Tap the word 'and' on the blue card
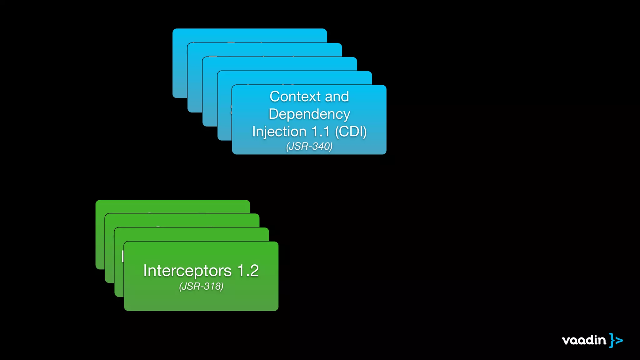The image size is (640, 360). tap(337, 97)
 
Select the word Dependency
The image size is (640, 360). tap(309, 114)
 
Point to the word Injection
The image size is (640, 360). tap(279, 132)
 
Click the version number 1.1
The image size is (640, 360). tap(321, 132)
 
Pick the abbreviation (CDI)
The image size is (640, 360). tap(351, 132)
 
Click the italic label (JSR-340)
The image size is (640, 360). tap(309, 146)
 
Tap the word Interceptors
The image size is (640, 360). tap(187, 271)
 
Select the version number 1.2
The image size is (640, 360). tap(248, 271)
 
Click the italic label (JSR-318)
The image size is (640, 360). tap(201, 286)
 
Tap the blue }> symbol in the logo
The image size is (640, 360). tap(616, 340)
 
